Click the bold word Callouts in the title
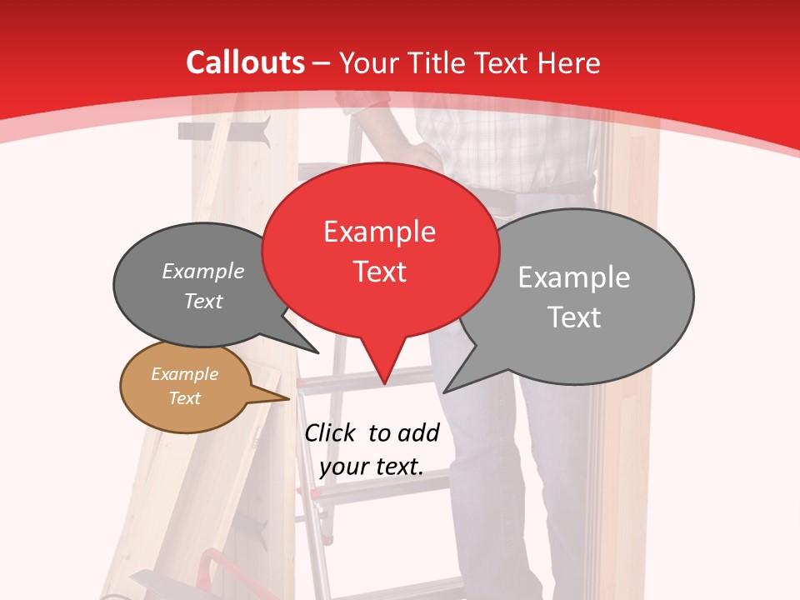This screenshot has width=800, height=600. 245,62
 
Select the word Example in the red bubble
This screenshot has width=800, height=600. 379,232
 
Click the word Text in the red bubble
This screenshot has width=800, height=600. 379,271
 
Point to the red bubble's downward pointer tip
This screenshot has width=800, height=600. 384,384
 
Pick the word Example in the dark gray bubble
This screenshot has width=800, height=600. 203,272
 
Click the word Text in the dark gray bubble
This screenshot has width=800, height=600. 203,301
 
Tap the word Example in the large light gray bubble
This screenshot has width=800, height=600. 574,277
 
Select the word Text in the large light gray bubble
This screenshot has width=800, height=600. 574,317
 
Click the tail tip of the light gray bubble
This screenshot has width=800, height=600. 445,392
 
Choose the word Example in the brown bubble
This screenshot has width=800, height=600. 184,374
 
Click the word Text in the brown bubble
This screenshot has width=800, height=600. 184,398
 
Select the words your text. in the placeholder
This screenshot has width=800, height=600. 372,467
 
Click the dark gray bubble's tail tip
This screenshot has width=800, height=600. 317,353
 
